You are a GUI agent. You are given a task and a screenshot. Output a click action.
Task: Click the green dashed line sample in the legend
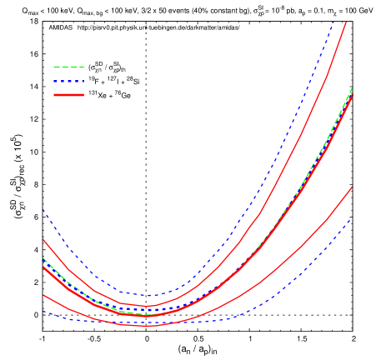[68, 67]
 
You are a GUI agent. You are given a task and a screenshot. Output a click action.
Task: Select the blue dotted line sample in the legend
[68, 81]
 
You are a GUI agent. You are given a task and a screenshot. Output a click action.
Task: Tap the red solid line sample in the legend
[68, 95]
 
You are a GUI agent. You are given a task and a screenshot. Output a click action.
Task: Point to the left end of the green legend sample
[53, 67]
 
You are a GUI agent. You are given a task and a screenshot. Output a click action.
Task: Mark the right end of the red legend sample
[84, 95]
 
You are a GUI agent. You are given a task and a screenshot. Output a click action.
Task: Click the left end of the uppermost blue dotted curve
[43, 210]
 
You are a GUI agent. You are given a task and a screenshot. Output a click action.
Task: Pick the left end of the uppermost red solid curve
[43, 240]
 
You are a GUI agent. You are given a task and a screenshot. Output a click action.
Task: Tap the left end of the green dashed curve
[43, 257]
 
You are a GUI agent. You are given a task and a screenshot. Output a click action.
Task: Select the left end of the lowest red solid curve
[43, 295]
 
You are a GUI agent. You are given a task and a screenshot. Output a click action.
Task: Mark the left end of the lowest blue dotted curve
[43, 312]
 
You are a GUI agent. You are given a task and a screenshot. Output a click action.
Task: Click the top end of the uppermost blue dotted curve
[334, 21]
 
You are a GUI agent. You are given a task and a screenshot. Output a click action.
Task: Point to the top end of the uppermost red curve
[346, 22]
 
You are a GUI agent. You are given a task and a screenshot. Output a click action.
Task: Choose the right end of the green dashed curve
[352, 87]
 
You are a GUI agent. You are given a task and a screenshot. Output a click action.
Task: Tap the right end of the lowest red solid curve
[352, 187]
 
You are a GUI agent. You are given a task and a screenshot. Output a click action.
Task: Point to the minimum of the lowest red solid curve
[146, 326]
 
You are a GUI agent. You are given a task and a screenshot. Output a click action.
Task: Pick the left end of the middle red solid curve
[43, 267]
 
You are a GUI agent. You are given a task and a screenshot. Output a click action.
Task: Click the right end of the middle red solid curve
[353, 94]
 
